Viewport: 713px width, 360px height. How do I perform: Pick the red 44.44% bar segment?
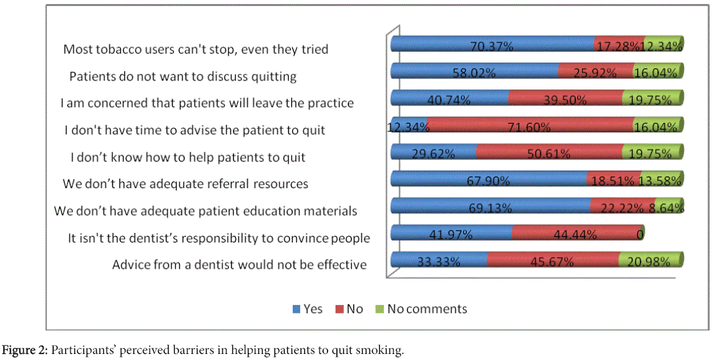point(577,234)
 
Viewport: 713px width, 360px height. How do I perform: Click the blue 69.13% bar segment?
point(490,206)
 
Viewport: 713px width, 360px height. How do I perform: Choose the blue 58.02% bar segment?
point(475,71)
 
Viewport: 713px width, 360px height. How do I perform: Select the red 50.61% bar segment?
point(549,152)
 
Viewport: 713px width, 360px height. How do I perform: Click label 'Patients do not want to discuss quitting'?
point(183,76)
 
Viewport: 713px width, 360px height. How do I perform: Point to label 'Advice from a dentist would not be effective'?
point(239,264)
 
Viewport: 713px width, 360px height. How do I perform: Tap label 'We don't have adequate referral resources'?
point(185,183)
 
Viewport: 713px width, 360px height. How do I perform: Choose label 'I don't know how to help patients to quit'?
point(188,157)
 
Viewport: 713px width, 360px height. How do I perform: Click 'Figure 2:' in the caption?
point(26,351)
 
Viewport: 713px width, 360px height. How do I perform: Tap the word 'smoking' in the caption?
point(382,351)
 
